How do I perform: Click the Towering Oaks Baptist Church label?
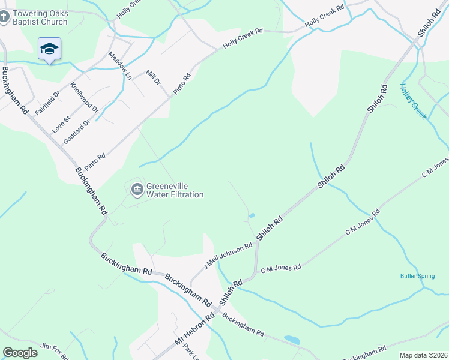coord(42,18)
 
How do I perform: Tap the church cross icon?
coord(4,18)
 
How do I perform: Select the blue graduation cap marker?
coord(49,49)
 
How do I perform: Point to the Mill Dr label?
coord(154,78)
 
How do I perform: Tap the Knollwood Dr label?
coord(85,98)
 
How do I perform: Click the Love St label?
coord(61,124)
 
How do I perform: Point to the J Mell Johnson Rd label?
coord(228,256)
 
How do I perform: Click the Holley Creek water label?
coord(413,101)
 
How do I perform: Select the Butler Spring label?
coord(417,276)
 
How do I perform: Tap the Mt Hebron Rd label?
coord(194,329)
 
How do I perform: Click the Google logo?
coord(20,353)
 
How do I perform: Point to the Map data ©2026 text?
coord(423,355)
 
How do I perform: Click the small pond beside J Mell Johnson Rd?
coord(252,215)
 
